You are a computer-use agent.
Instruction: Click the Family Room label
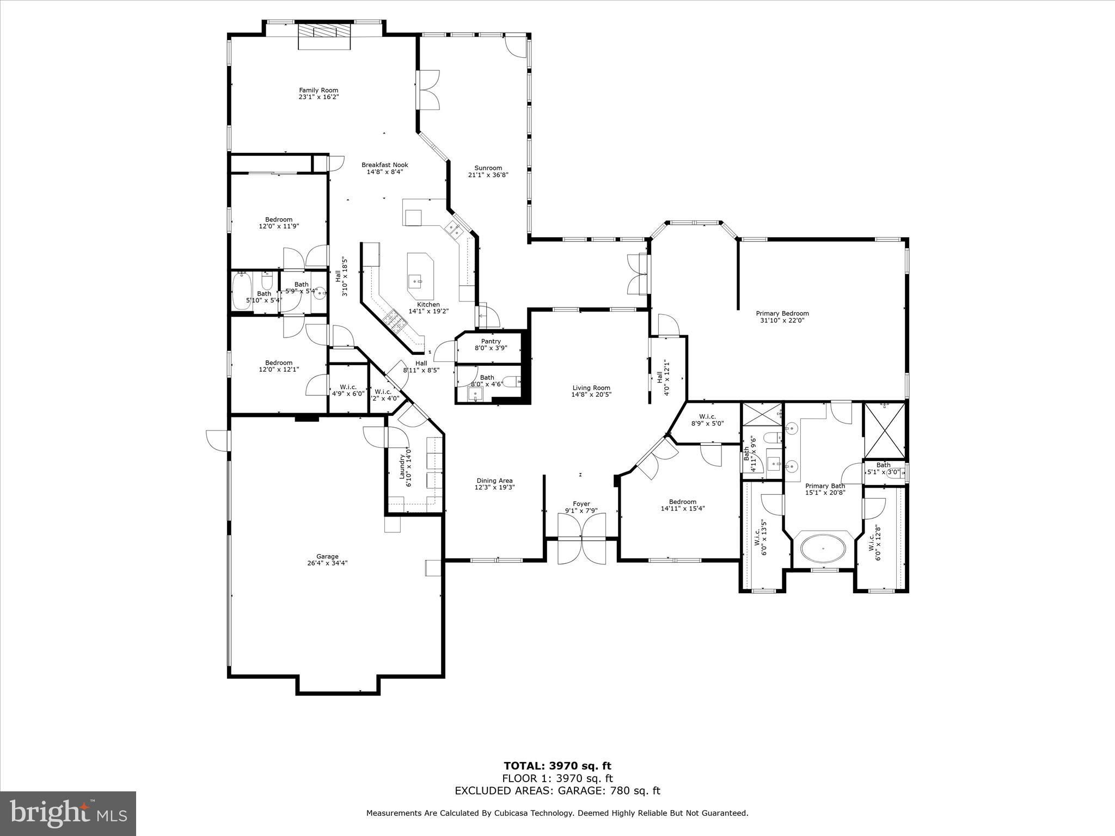coord(318,90)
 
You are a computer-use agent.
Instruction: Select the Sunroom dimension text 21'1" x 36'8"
coord(488,175)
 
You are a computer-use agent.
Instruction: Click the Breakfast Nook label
coord(385,165)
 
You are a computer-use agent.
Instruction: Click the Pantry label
coord(491,341)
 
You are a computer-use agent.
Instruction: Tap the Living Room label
coord(591,388)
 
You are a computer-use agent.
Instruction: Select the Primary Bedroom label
coord(782,313)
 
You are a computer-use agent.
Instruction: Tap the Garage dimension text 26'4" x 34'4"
coord(327,563)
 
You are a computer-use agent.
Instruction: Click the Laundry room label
coord(403,467)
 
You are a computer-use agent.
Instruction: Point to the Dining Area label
coord(494,481)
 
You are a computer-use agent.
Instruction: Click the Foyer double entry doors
coord(582,539)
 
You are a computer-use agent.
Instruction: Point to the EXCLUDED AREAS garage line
coord(557,791)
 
